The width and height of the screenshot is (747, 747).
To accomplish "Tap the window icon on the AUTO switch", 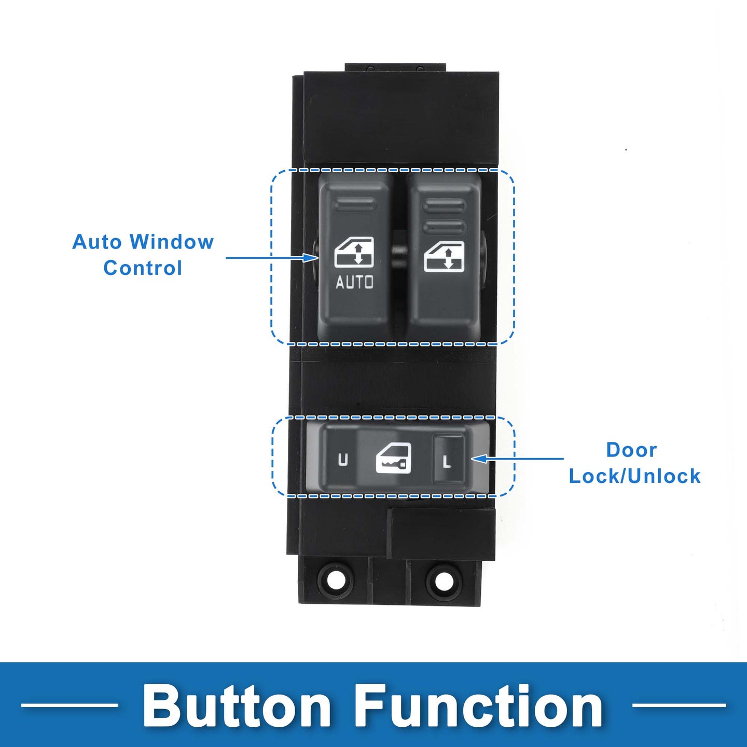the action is pos(354,252).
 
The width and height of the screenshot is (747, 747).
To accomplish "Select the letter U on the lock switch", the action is pos(343,460).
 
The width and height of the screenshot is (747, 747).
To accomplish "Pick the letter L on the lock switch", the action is pos(447,461).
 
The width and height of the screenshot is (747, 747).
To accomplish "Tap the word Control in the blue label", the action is pos(143,268).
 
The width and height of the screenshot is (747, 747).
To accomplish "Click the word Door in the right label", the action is pos(631,450).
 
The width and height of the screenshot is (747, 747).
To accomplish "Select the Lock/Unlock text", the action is pos(634,476).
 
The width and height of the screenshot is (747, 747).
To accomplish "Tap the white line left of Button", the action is pos(70,705).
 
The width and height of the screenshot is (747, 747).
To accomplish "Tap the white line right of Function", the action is pos(679,705).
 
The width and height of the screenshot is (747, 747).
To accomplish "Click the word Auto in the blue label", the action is pos(97,242).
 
